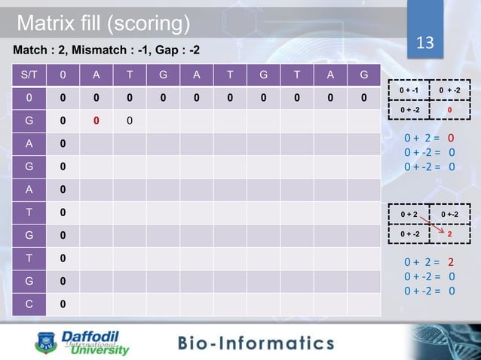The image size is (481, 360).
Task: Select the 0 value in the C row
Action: (63, 304)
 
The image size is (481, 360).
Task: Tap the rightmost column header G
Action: (364, 75)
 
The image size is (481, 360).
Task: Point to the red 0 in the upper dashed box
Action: (449, 110)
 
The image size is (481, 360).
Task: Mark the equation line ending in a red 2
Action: (428, 263)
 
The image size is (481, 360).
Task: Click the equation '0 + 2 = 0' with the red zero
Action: (428, 138)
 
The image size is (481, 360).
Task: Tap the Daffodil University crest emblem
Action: (46, 343)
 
